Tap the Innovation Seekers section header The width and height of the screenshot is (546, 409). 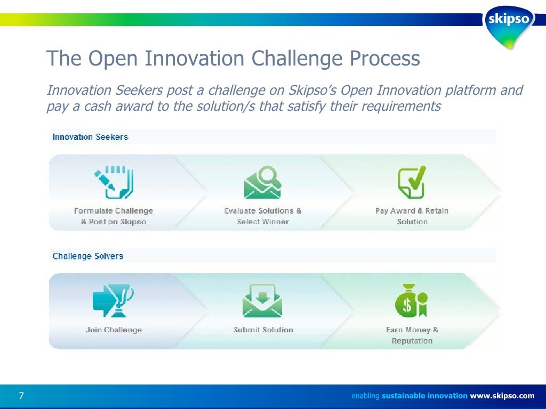point(90,137)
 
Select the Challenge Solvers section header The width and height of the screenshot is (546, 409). point(87,256)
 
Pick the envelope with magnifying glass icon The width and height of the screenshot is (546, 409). point(262,182)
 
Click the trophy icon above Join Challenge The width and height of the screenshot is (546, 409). point(113,300)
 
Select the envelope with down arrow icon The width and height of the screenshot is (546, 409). point(262,301)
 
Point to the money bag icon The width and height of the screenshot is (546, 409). point(411,301)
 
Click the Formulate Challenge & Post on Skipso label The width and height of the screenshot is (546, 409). point(114,216)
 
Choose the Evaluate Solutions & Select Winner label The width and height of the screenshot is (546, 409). point(263,216)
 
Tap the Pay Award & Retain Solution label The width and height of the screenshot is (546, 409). point(412,216)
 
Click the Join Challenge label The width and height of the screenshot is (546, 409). point(114,330)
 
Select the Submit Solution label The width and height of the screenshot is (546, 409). point(263,330)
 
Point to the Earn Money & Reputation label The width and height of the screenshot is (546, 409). point(412,336)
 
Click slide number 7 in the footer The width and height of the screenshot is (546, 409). point(21,396)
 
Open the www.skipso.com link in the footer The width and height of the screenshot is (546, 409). point(502,396)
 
